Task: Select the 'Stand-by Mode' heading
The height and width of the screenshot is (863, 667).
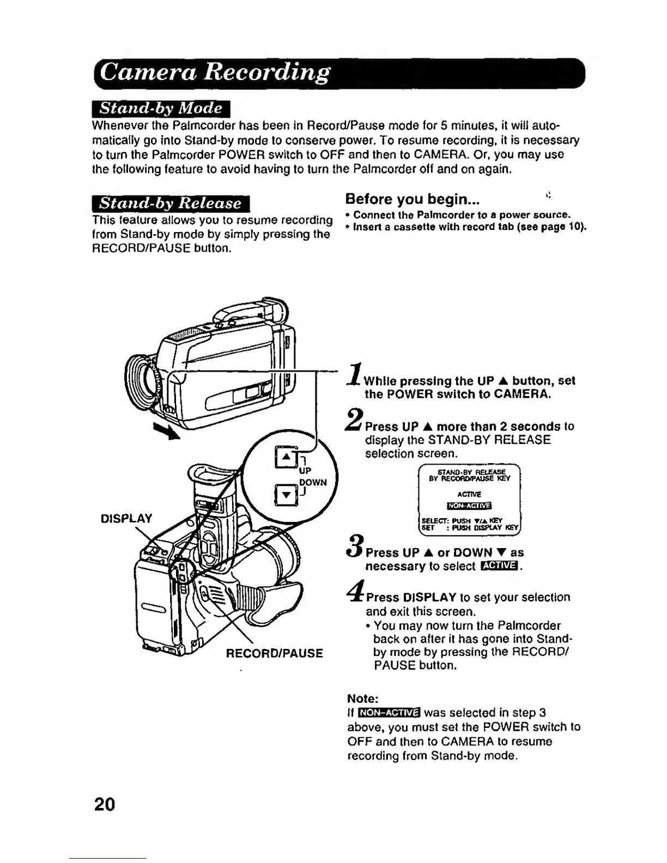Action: tap(162, 108)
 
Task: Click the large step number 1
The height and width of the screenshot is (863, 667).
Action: tap(355, 376)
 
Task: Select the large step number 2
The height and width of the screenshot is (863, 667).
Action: tap(355, 421)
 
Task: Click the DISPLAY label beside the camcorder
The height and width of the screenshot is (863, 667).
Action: tap(126, 518)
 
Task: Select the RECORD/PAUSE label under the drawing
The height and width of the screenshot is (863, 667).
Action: tap(274, 653)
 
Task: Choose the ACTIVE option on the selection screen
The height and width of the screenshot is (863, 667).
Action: tap(469, 495)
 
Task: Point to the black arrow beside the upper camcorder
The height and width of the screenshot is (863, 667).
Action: tap(166, 431)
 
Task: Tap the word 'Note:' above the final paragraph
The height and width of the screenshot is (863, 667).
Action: tap(363, 698)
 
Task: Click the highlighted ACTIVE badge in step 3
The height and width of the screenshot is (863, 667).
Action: tap(500, 567)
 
